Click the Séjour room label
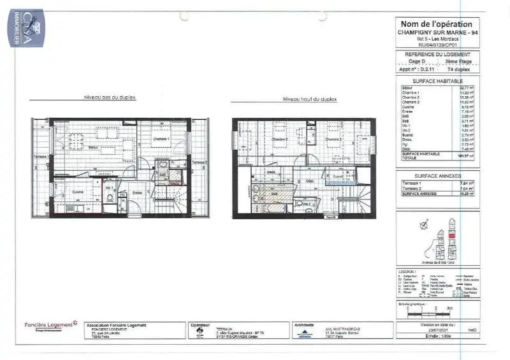pyautogui.click(x=92, y=147)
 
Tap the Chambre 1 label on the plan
pyautogui.click(x=161, y=139)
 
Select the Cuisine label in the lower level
pyautogui.click(x=77, y=191)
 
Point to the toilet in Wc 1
pyautogui.click(x=110, y=199)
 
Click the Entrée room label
pyautogui.click(x=137, y=192)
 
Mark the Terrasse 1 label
pyautogui.click(x=41, y=157)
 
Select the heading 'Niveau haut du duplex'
pyautogui.click(x=310, y=99)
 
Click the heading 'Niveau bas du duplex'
pyautogui.click(x=110, y=97)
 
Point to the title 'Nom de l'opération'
pyautogui.click(x=435, y=24)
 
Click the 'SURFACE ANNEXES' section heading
pyautogui.click(x=437, y=175)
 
